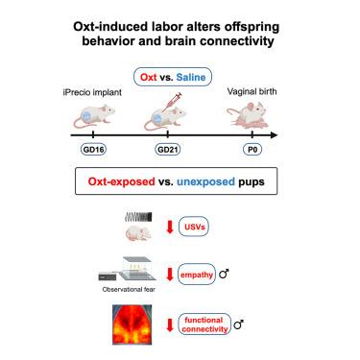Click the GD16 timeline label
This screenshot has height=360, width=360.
93,150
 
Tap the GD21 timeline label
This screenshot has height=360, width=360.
168,150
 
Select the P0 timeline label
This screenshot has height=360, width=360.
252,150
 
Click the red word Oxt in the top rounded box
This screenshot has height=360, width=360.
149,77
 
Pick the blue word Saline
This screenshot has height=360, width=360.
191,77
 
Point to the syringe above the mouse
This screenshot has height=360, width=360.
172,102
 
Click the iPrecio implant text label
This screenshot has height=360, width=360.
92,92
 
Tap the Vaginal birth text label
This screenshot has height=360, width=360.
252,91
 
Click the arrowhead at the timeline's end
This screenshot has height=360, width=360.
274,135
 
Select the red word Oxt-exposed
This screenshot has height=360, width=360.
122,181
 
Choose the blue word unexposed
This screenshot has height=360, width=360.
205,181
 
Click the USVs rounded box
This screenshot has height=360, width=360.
194,227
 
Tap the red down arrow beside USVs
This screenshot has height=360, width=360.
170,227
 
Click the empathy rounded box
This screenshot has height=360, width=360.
197,275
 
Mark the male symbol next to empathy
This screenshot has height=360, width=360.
224,274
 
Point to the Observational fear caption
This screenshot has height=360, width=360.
129,289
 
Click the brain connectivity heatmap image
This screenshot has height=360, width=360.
132,324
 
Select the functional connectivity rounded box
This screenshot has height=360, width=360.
204,324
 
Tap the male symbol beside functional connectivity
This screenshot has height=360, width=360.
239,324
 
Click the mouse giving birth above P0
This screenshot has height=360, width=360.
249,115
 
